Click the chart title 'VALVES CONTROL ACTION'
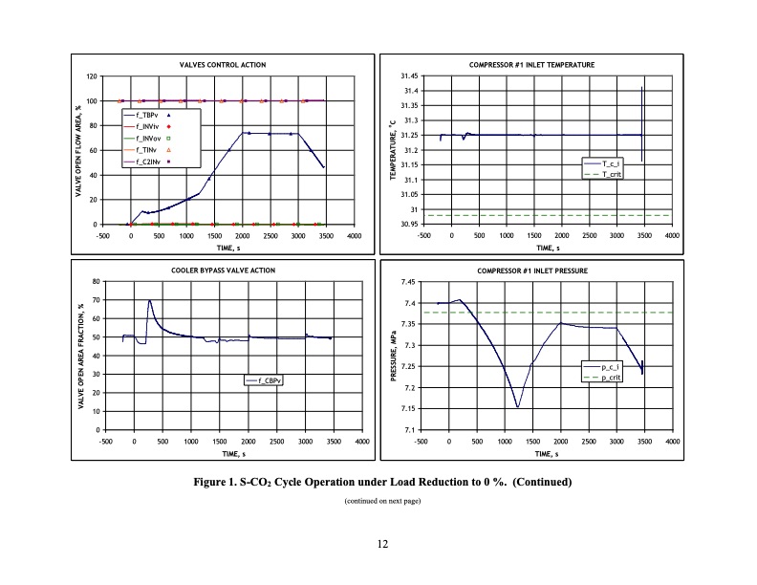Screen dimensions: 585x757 223,65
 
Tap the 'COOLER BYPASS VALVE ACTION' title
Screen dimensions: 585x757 229,271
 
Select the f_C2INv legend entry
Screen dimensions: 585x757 150,162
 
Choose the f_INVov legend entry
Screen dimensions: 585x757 150,139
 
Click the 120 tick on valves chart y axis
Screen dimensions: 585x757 92,76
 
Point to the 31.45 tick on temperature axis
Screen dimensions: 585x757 408,76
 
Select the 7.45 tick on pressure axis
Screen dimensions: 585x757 407,282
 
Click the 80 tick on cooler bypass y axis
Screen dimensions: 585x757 95,282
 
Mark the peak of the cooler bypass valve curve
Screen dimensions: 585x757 150,301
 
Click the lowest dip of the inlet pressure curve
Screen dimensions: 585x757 518,407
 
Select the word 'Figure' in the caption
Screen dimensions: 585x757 213,481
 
